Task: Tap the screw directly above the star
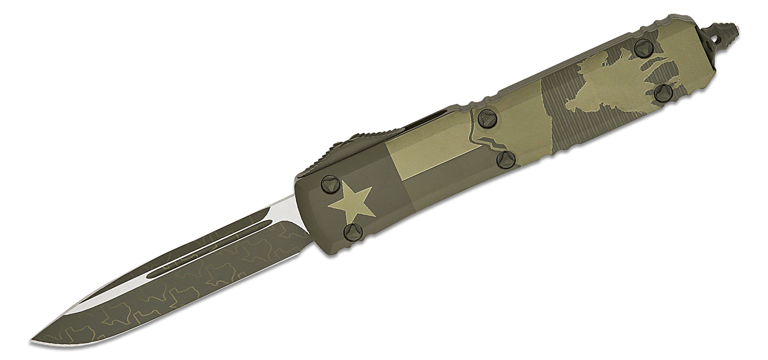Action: click(x=328, y=182)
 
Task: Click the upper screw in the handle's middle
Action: click(x=484, y=118)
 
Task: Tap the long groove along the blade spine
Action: click(x=215, y=246)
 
